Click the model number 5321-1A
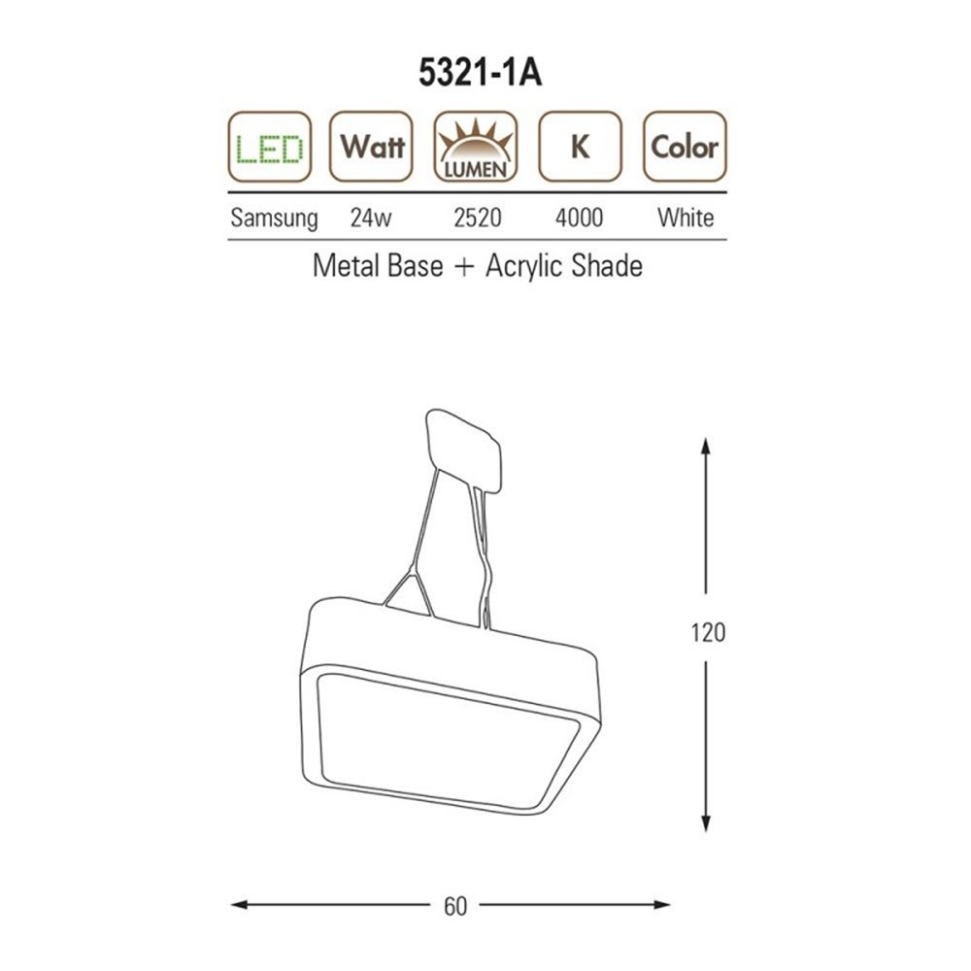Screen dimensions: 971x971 pyautogui.click(x=480, y=73)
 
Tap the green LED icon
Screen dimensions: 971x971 pyautogui.click(x=269, y=147)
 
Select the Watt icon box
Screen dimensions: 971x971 pyautogui.click(x=371, y=147)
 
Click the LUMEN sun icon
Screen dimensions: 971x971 pyautogui.click(x=476, y=147)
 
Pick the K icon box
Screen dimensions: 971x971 pyautogui.click(x=580, y=147)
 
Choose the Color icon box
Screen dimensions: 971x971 pyautogui.click(x=685, y=147)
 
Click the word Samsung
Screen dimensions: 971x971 pyautogui.click(x=274, y=218)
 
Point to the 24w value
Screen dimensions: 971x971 pyautogui.click(x=371, y=218)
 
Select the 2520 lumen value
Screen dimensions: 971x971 pyautogui.click(x=478, y=218)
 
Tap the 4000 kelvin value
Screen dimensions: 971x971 pyautogui.click(x=579, y=218)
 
